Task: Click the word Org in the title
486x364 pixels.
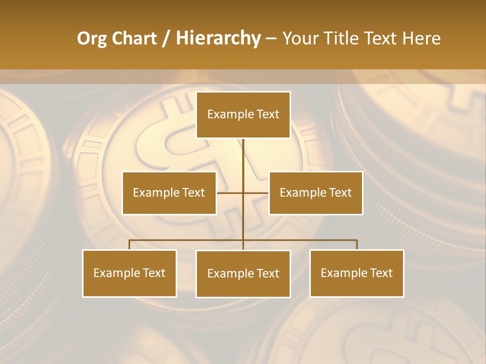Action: click(x=93, y=38)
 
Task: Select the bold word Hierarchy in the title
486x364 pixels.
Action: click(x=218, y=38)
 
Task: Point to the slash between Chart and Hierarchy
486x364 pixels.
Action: click(x=167, y=38)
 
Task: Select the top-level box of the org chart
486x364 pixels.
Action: click(x=243, y=115)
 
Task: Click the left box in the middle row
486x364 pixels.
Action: click(x=169, y=193)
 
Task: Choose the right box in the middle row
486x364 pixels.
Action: click(x=315, y=193)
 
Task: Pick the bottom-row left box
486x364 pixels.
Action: click(x=130, y=274)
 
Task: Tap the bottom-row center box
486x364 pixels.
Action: click(x=243, y=274)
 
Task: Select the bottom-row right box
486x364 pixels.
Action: click(x=356, y=274)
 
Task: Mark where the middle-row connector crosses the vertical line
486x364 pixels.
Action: click(x=243, y=193)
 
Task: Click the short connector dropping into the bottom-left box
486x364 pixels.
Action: click(x=130, y=245)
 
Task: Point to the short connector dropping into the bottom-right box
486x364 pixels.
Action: click(x=357, y=245)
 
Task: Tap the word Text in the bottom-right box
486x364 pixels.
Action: click(x=381, y=273)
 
